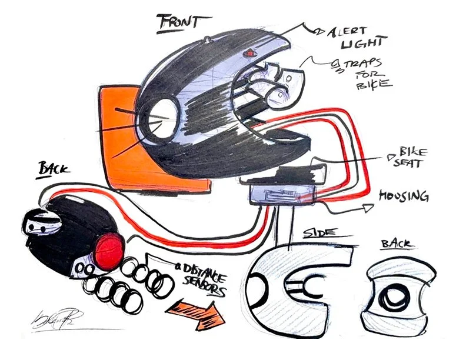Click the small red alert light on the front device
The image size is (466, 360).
[249, 52]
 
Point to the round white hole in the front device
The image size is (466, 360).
[161, 115]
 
